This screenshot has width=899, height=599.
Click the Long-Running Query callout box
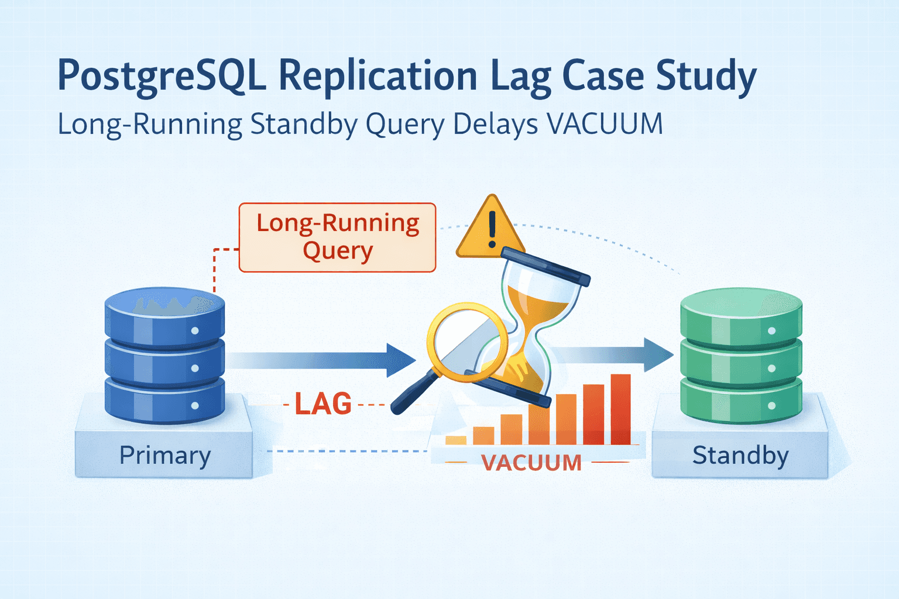click(338, 237)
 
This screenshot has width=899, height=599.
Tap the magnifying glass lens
click(466, 341)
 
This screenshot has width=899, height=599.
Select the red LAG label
click(323, 404)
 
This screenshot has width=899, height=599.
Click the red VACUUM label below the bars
click(531, 463)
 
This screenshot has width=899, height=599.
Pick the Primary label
click(165, 455)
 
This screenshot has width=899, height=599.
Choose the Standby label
click(740, 455)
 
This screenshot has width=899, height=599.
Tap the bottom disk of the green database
click(740, 401)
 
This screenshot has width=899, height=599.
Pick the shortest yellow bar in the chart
click(456, 440)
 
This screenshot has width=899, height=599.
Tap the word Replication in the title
click(378, 76)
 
